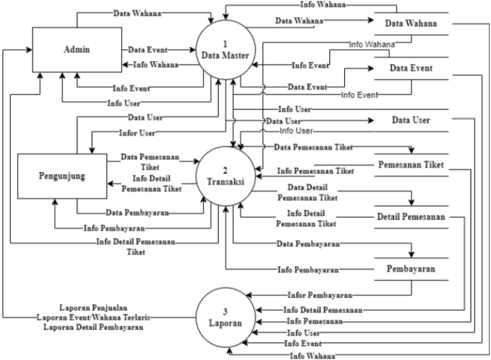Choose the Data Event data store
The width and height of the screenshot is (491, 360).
click(x=411, y=68)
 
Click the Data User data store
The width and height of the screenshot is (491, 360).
click(x=411, y=121)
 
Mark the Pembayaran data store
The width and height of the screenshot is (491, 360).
click(x=410, y=270)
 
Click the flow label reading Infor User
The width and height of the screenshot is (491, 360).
click(x=137, y=133)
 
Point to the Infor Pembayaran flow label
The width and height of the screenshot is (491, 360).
click(x=320, y=294)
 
